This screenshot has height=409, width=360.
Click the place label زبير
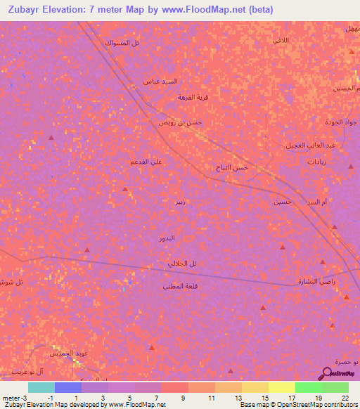[181, 202]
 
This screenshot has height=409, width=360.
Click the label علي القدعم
[146, 162]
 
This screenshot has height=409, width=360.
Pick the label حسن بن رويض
[180, 122]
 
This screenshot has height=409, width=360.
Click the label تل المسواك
[122, 43]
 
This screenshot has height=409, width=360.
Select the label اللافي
[281, 41]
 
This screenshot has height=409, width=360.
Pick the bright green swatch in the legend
[308, 387]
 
